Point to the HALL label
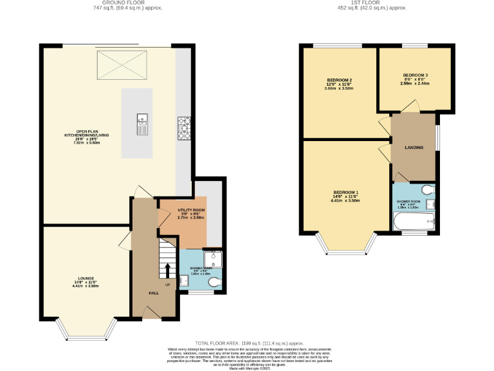pos(154,293)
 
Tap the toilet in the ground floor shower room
pos(214,282)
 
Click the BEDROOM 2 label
pos(339,81)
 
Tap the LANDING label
pos(414,147)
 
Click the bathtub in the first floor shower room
pos(414,224)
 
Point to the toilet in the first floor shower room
pos(429,190)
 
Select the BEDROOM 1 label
pos(345,193)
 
